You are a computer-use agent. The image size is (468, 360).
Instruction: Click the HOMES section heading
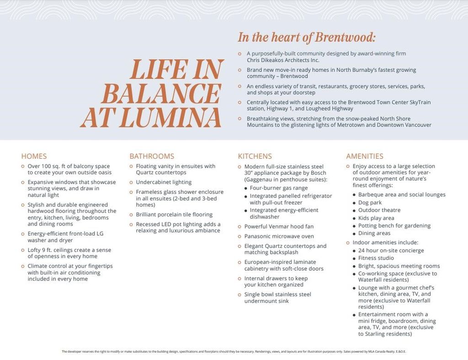(34, 156)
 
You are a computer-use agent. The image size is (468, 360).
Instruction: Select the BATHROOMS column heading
(152, 156)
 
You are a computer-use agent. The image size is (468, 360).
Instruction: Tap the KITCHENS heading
(255, 156)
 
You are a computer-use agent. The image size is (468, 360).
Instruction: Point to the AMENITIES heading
(365, 156)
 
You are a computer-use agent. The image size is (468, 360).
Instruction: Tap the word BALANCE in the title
(161, 94)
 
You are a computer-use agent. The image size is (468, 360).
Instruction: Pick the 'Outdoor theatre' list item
(379, 210)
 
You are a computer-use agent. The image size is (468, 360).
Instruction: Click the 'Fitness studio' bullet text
(376, 258)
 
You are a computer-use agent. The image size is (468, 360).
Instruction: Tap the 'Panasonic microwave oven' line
(279, 236)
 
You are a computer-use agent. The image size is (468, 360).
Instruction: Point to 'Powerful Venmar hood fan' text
(279, 226)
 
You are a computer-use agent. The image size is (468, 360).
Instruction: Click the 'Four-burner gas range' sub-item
(279, 188)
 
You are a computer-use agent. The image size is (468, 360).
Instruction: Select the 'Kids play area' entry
(376, 218)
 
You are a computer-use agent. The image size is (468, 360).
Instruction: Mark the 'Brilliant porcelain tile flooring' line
(174, 215)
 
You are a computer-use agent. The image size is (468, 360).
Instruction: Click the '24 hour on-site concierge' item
(391, 250)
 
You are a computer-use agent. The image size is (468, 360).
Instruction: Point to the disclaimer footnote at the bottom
(234, 351)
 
